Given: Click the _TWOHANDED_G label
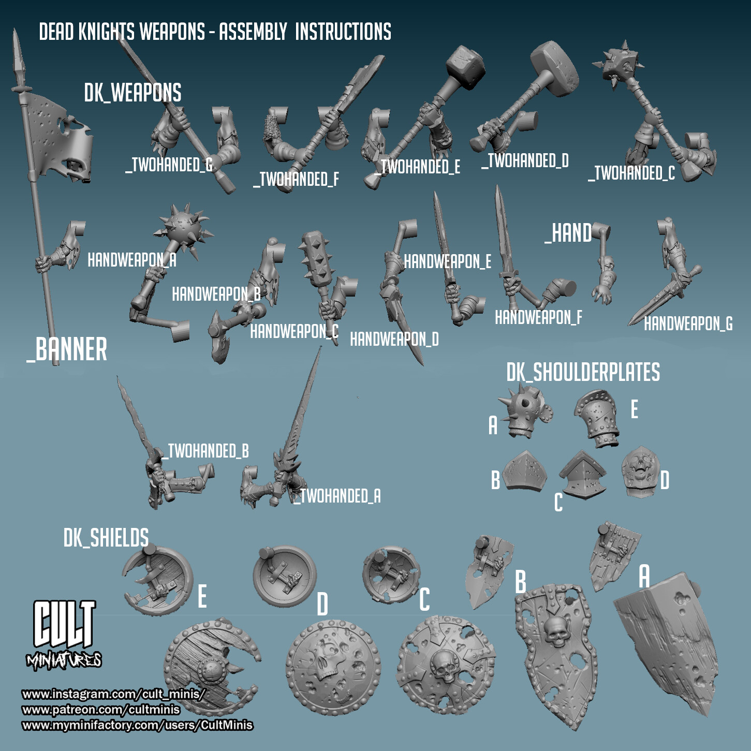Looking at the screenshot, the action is pos(169,165).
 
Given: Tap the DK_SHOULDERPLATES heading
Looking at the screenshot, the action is pos(583,372).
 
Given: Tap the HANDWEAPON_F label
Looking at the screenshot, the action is pos(539,318).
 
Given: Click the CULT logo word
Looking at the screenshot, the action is pos(64,624).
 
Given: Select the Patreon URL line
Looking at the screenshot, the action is pos(101,710).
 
